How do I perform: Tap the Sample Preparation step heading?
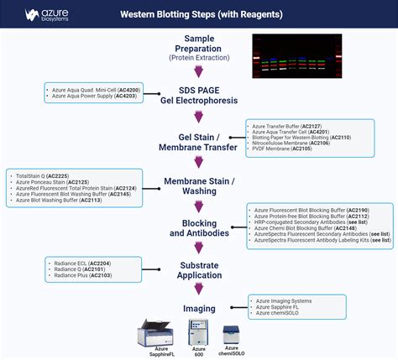click(198, 49)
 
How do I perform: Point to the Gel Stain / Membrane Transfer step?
click(198, 141)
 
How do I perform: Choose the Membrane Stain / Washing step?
click(198, 186)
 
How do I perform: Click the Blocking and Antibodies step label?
click(198, 227)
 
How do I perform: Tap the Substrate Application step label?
click(198, 271)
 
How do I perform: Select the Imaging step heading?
click(198, 308)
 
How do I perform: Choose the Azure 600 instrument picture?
click(199, 331)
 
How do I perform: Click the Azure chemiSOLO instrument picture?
click(232, 334)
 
